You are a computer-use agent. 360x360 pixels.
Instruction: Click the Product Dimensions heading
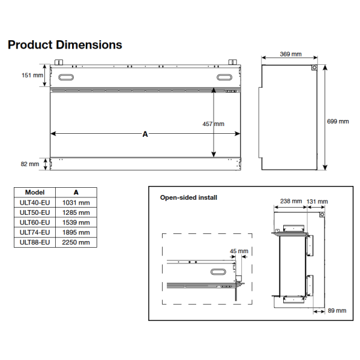pyautogui.click(x=64, y=45)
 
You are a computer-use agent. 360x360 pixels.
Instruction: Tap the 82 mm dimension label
pyautogui.click(x=30, y=163)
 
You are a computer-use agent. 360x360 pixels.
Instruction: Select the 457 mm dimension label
pyautogui.click(x=213, y=124)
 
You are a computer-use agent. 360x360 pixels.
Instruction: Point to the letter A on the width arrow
pyautogui.click(x=145, y=134)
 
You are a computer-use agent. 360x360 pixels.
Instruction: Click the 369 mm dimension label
pyautogui.click(x=290, y=55)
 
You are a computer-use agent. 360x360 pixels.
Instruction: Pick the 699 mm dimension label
pyautogui.click(x=337, y=121)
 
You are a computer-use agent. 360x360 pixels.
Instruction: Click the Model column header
pyautogui.click(x=35, y=193)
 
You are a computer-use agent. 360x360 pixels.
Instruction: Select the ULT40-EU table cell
pyautogui.click(x=35, y=203)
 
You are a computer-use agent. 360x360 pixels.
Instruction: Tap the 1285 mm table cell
pyautogui.click(x=76, y=212)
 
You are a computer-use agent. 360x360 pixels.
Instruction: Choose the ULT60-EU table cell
pyautogui.click(x=35, y=222)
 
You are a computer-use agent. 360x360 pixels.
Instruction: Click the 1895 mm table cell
pyautogui.click(x=76, y=232)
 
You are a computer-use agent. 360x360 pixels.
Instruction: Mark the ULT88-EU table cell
pyautogui.click(x=35, y=242)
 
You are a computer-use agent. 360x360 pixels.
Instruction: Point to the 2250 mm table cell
pyautogui.click(x=76, y=242)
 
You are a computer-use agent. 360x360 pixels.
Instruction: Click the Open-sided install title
pyautogui.click(x=188, y=197)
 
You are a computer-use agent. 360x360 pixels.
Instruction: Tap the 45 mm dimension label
pyautogui.click(x=238, y=251)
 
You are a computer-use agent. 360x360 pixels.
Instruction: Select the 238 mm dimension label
pyautogui.click(x=291, y=201)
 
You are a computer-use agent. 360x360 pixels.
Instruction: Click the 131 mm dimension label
pyautogui.click(x=317, y=201)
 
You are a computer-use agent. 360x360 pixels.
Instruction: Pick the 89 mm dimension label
pyautogui.click(x=337, y=311)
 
